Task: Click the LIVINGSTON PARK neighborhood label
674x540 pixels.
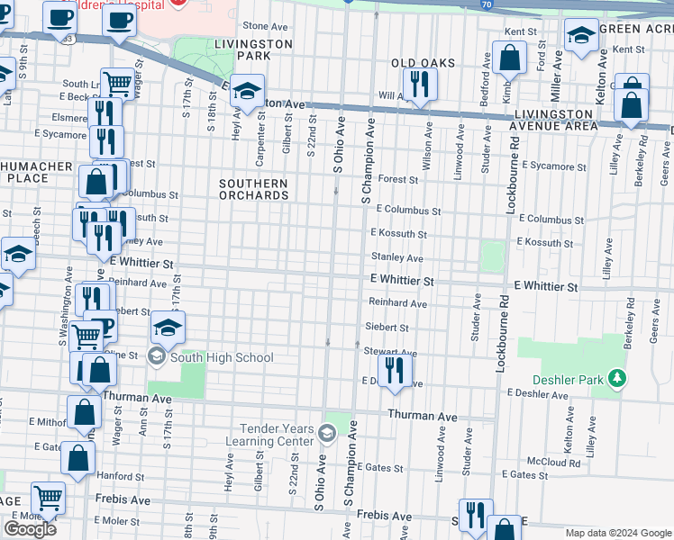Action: (x=252, y=49)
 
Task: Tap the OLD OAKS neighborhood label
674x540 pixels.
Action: (x=423, y=64)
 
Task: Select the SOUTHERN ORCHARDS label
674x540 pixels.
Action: (x=254, y=189)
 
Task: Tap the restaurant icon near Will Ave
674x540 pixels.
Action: (x=419, y=84)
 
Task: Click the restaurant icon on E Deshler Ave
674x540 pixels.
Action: (x=395, y=370)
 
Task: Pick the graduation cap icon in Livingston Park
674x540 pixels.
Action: (x=247, y=91)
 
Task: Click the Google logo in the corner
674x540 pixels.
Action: (x=30, y=529)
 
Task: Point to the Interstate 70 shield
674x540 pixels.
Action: (x=510, y=4)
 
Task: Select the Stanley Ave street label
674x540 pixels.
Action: (x=397, y=257)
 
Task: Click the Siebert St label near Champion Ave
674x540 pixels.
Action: (x=387, y=328)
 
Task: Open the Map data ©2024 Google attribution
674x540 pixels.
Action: (x=617, y=533)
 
